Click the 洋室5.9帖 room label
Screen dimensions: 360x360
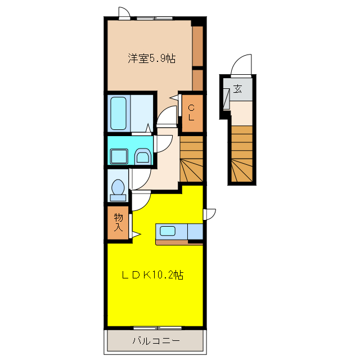pos(151,58)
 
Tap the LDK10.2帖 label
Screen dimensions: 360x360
pos(152,275)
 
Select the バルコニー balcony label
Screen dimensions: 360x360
pos(156,340)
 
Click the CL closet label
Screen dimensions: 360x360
pos(191,113)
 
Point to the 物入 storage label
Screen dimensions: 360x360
pos(119,223)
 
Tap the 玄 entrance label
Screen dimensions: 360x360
pos(238,88)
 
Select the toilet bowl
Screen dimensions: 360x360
pos(118,188)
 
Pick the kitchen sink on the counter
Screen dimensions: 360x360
pos(168,230)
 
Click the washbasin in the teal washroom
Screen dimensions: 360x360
pos(143,156)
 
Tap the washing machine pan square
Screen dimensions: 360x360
pos(119,155)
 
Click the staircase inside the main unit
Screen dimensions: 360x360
pos(191,160)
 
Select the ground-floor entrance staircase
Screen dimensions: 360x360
pos(242,155)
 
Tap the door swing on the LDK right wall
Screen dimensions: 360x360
pos(210,214)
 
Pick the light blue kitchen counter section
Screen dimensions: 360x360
pos(195,231)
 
